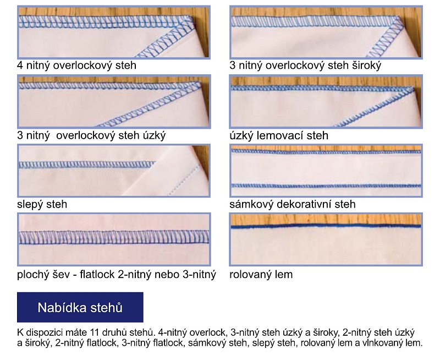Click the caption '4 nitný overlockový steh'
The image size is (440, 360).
(x=76, y=66)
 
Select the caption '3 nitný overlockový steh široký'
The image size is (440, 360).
(x=305, y=66)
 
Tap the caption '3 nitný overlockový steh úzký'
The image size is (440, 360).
(x=91, y=135)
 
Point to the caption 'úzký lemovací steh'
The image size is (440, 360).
(x=279, y=135)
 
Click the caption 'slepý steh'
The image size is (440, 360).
(x=42, y=204)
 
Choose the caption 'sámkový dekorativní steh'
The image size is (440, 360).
(x=293, y=204)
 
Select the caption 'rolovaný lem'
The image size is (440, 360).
(x=261, y=274)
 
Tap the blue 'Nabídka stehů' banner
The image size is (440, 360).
(x=80, y=307)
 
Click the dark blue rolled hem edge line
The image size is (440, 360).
(x=326, y=226)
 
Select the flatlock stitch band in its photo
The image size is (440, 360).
(x=114, y=237)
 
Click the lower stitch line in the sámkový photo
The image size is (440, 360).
(x=326, y=186)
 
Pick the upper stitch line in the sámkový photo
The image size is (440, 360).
(x=326, y=152)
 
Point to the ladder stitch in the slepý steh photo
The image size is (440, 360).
(x=87, y=165)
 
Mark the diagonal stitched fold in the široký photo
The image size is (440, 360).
(x=386, y=38)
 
